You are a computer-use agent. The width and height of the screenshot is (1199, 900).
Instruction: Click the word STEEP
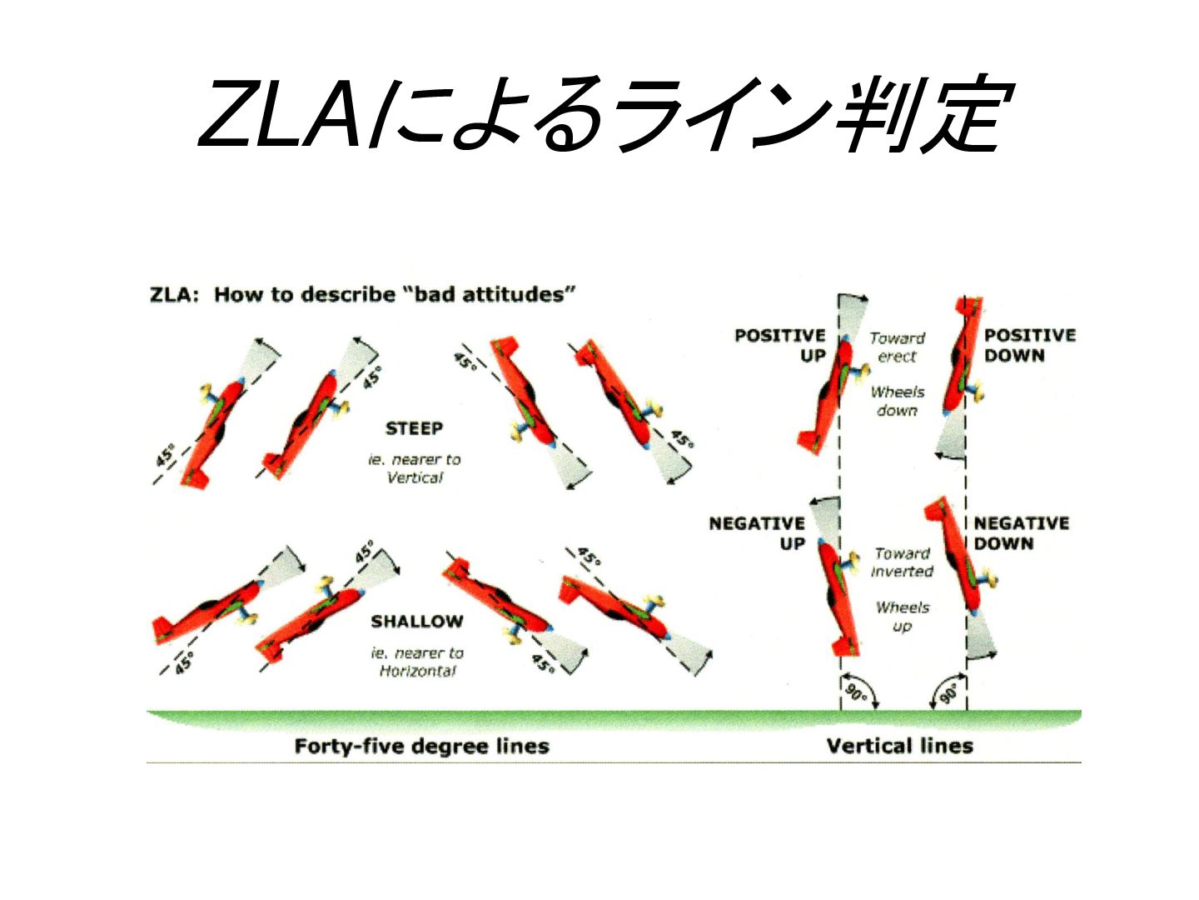tap(414, 428)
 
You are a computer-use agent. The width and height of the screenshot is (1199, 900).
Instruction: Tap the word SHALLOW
tap(417, 622)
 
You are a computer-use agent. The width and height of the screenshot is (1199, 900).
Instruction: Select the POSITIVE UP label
tap(779, 345)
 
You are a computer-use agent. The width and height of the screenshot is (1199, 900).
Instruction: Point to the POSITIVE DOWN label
tap(1030, 345)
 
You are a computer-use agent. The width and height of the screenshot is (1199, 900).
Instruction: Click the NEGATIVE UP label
tap(757, 533)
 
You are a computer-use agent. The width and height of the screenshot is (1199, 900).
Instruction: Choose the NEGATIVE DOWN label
tap(1021, 533)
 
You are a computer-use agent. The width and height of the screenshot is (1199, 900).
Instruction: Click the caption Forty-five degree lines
tap(421, 746)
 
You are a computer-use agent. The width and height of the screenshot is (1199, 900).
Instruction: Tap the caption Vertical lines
tap(899, 746)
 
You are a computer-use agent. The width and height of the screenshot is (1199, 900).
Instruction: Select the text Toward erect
tap(898, 347)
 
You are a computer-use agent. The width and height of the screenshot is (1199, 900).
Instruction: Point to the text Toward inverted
tap(902, 562)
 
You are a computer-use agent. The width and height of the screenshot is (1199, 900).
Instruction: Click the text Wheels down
tap(898, 401)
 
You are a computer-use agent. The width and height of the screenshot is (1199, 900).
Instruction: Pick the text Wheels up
tap(903, 617)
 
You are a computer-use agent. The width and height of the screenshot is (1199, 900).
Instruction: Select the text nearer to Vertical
tap(415, 468)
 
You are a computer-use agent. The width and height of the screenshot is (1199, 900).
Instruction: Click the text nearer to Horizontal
tap(417, 662)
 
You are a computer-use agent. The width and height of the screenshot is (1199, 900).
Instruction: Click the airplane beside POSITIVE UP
tap(831, 394)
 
